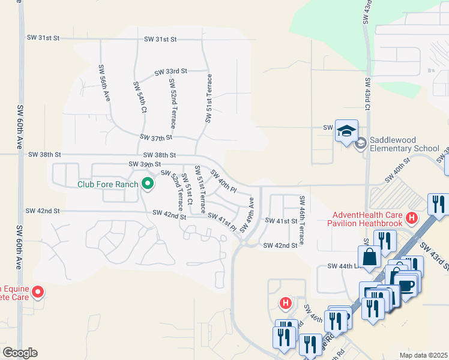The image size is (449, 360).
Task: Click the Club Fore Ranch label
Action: click(x=108, y=184)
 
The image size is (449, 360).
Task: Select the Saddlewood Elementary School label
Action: click(x=405, y=148)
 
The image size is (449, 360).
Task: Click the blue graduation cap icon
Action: click(x=346, y=130)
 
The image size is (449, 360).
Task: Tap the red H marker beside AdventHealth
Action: click(x=412, y=217)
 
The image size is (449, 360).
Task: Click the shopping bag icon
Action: click(x=371, y=256)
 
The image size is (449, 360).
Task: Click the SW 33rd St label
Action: click(x=170, y=71)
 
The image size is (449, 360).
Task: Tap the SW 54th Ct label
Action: click(x=140, y=97)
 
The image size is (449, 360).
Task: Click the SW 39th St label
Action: click(x=145, y=164)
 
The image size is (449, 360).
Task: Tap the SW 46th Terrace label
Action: click(x=301, y=220)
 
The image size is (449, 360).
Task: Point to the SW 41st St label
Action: click(x=281, y=221)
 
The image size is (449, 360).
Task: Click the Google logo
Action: click(x=20, y=353)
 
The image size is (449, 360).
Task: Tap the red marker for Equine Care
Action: click(x=37, y=292)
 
